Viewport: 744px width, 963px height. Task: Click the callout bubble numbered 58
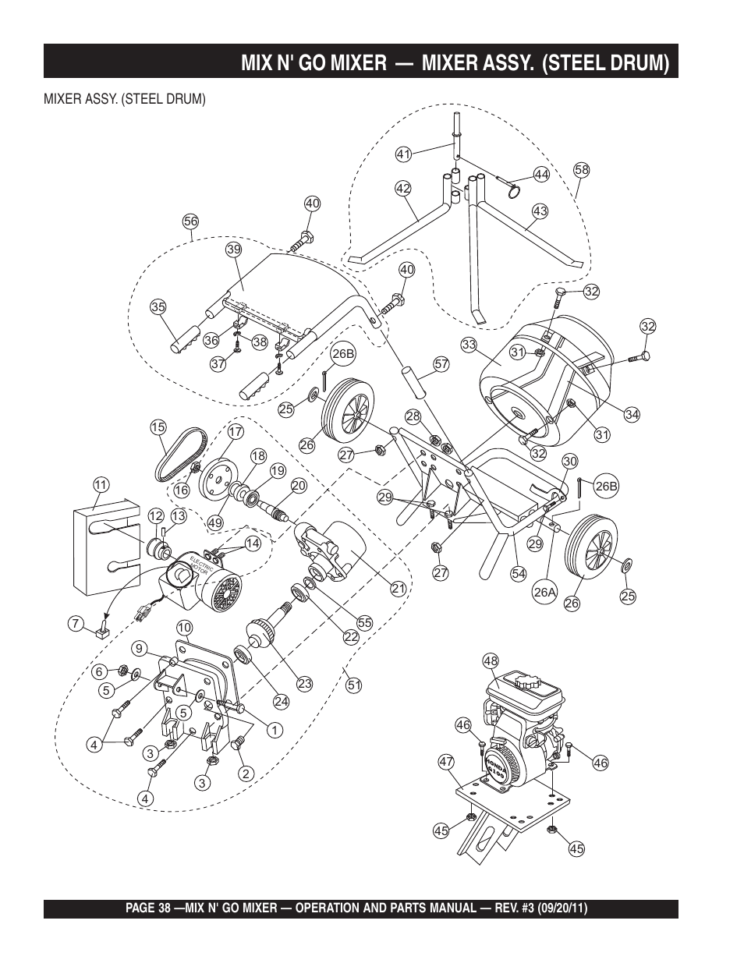click(581, 170)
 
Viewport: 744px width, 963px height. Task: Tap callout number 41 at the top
click(403, 154)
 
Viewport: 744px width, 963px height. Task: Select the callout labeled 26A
click(544, 592)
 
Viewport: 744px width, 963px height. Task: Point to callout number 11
click(101, 485)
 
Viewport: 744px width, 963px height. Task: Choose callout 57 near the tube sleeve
click(441, 364)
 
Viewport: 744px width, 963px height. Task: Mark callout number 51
click(353, 685)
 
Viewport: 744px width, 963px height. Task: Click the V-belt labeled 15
click(181, 455)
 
